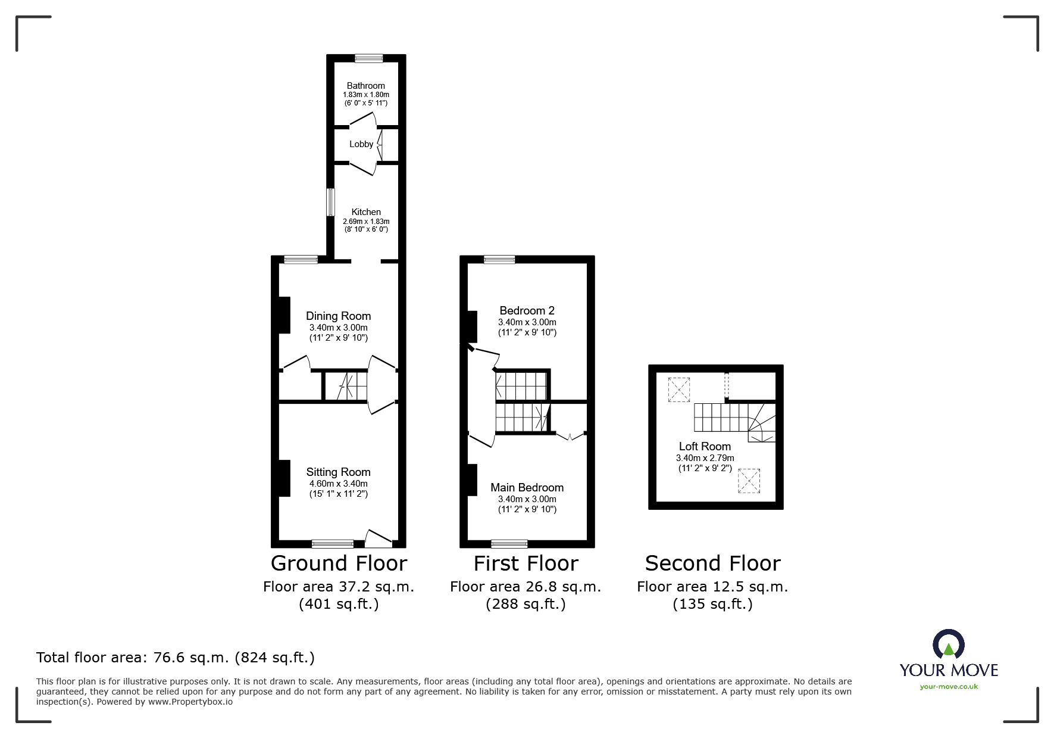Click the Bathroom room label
coord(365,86)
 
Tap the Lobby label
coord(361,144)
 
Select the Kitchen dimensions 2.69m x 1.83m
coord(365,222)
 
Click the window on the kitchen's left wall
coord(330,203)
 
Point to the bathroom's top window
coord(369,58)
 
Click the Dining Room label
coord(338,316)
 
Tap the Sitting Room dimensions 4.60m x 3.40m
coord(338,484)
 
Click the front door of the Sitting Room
coord(379,540)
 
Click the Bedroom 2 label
coord(527,310)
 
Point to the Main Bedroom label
coord(527,487)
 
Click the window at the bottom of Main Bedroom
coord(509,543)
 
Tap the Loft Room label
coord(705,446)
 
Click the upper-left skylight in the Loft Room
coord(678,390)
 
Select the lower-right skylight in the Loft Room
coord(749,481)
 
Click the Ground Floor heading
coord(339,563)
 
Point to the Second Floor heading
coord(712,563)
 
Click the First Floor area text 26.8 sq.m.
coord(526,587)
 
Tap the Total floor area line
coord(176,658)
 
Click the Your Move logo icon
coord(948,644)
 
